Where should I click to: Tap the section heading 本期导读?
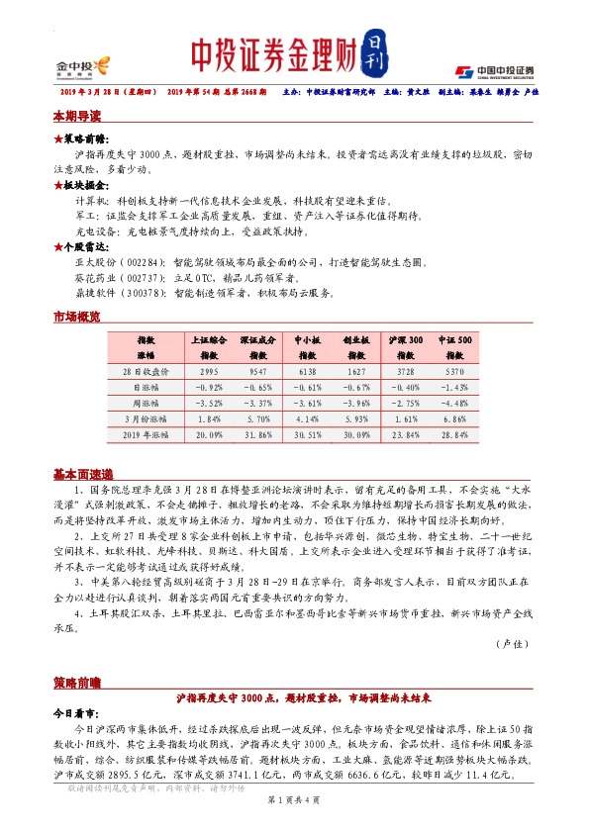tap(77, 116)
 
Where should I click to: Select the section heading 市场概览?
tap(77, 317)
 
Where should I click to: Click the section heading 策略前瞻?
tap(77, 684)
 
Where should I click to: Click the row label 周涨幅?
tap(147, 403)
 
